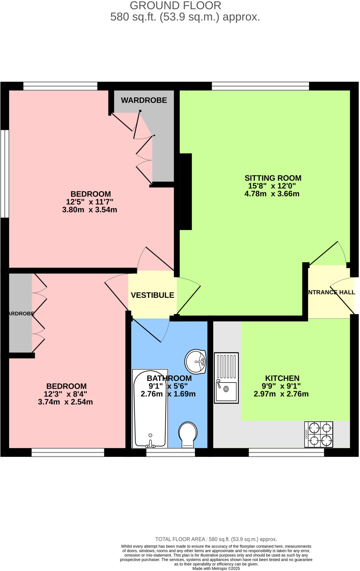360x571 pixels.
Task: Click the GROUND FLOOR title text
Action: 176,6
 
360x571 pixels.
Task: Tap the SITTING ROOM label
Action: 273,178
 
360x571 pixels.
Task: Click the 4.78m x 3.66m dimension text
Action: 272,194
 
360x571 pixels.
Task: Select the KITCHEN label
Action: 282,378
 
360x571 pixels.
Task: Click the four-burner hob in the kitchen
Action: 318,434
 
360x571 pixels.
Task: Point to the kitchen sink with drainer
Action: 226,378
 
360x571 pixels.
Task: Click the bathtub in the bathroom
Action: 150,408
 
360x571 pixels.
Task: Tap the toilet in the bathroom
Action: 188,434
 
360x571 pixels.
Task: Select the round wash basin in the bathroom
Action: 195,361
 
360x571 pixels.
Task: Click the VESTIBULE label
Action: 152,295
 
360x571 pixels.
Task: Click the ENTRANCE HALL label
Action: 331,292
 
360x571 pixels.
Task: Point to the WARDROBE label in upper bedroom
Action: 144,100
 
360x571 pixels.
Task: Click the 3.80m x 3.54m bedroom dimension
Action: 89,210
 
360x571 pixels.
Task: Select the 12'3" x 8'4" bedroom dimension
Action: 65,394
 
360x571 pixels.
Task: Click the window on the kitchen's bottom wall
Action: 286,452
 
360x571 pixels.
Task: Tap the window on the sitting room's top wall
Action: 260,86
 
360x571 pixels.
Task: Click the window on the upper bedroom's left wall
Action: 4,173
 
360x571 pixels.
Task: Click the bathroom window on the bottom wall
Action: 171,452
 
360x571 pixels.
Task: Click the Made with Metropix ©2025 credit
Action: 216,568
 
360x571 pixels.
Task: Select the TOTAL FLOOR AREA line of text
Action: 216,539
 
